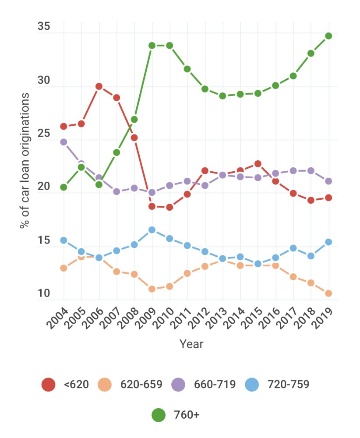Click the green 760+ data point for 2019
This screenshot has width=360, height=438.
[328, 36]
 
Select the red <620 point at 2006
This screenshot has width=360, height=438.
[99, 86]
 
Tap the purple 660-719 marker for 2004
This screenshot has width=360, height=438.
[64, 142]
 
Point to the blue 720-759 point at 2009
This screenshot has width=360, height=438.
[152, 230]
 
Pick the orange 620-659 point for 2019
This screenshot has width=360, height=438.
[328, 293]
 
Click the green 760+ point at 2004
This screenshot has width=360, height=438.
[64, 187]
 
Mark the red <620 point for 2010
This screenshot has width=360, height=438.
[169, 207]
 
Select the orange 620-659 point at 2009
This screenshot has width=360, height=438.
[152, 289]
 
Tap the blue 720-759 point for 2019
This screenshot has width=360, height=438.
[328, 242]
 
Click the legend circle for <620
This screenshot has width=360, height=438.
[49, 385]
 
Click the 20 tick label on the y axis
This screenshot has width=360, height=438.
[44, 187]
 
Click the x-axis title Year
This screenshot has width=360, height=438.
[191, 344]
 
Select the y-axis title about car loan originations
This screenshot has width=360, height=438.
[25, 160]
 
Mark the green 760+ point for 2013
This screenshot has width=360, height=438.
[222, 95]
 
